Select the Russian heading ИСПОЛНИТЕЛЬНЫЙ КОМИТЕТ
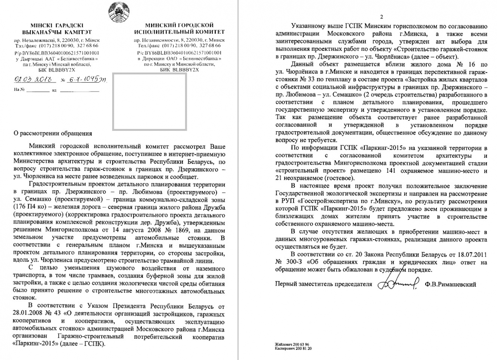(179, 32)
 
